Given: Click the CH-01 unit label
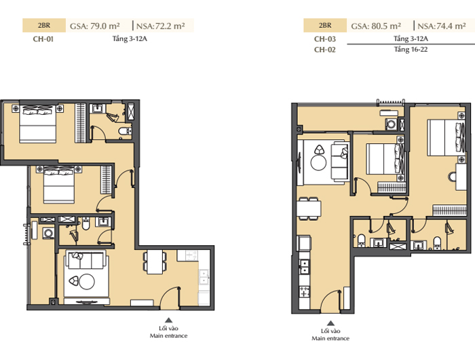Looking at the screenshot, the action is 43,39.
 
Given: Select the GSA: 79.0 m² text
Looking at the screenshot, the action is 95,26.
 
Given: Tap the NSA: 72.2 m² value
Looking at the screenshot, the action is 161,26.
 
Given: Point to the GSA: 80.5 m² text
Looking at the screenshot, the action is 376,26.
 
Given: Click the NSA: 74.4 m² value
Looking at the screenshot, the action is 442,26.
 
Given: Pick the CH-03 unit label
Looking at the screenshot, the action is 325,39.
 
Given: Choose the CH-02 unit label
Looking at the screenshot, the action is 325,50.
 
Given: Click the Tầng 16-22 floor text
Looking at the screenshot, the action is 411,50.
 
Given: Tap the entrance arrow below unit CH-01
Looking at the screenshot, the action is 169,320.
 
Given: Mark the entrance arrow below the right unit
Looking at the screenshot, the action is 331,323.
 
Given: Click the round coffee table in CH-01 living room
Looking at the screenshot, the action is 87,282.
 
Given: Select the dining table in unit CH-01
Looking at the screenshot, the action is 155,262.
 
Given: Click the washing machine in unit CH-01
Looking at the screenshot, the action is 48,233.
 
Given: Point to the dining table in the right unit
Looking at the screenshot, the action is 308,209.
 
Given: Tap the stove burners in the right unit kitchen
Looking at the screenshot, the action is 304,292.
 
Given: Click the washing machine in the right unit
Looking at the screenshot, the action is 392,125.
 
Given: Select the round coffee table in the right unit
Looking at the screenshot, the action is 318,162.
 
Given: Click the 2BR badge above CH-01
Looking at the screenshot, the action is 44,26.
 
